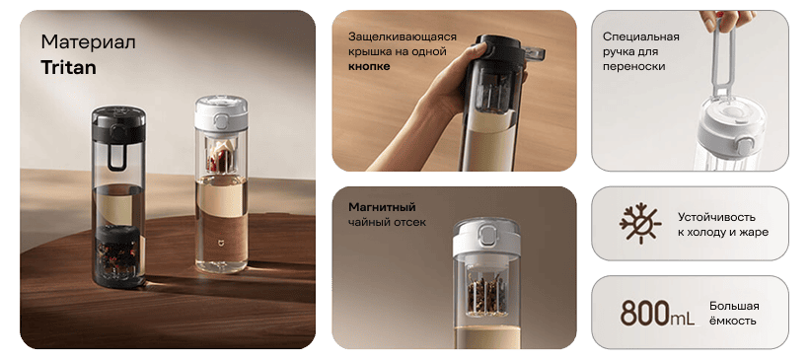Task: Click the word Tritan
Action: point(69,67)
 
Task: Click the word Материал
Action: point(87,42)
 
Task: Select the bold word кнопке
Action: point(369,66)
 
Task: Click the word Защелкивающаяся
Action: point(403,36)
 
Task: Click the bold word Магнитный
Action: point(382,207)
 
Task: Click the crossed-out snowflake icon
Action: point(640,224)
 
